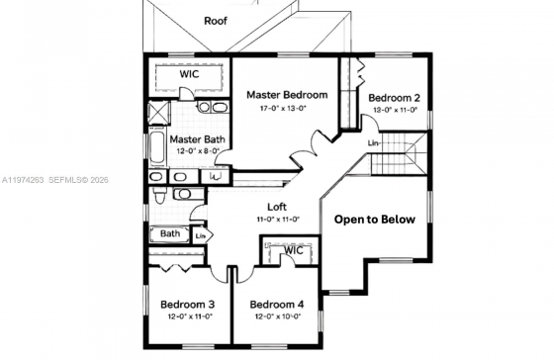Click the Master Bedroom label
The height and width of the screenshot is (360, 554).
287,95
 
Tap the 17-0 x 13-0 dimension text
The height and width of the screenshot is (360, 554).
283,108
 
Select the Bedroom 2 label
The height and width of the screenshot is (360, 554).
394,98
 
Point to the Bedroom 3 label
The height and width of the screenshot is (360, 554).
187,305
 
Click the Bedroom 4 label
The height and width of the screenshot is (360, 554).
277,305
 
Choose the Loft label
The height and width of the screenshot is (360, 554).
277,207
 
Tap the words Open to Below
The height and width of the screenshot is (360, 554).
375,220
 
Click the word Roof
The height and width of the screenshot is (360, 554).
216,21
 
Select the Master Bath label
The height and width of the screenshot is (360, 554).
197,139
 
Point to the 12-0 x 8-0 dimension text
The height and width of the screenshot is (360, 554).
198,151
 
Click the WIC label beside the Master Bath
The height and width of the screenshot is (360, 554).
189,74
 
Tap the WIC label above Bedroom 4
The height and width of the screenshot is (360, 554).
294,250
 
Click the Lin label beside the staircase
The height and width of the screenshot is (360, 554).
373,143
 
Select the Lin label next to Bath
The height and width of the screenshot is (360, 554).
200,235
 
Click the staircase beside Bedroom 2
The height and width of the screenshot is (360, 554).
398,153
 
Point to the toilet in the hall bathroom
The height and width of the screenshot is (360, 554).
158,196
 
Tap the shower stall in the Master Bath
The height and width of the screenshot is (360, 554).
158,113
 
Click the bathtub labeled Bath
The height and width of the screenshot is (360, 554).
169,234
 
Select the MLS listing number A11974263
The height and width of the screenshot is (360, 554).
23,180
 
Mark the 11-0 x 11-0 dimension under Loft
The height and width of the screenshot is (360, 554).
278,220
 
